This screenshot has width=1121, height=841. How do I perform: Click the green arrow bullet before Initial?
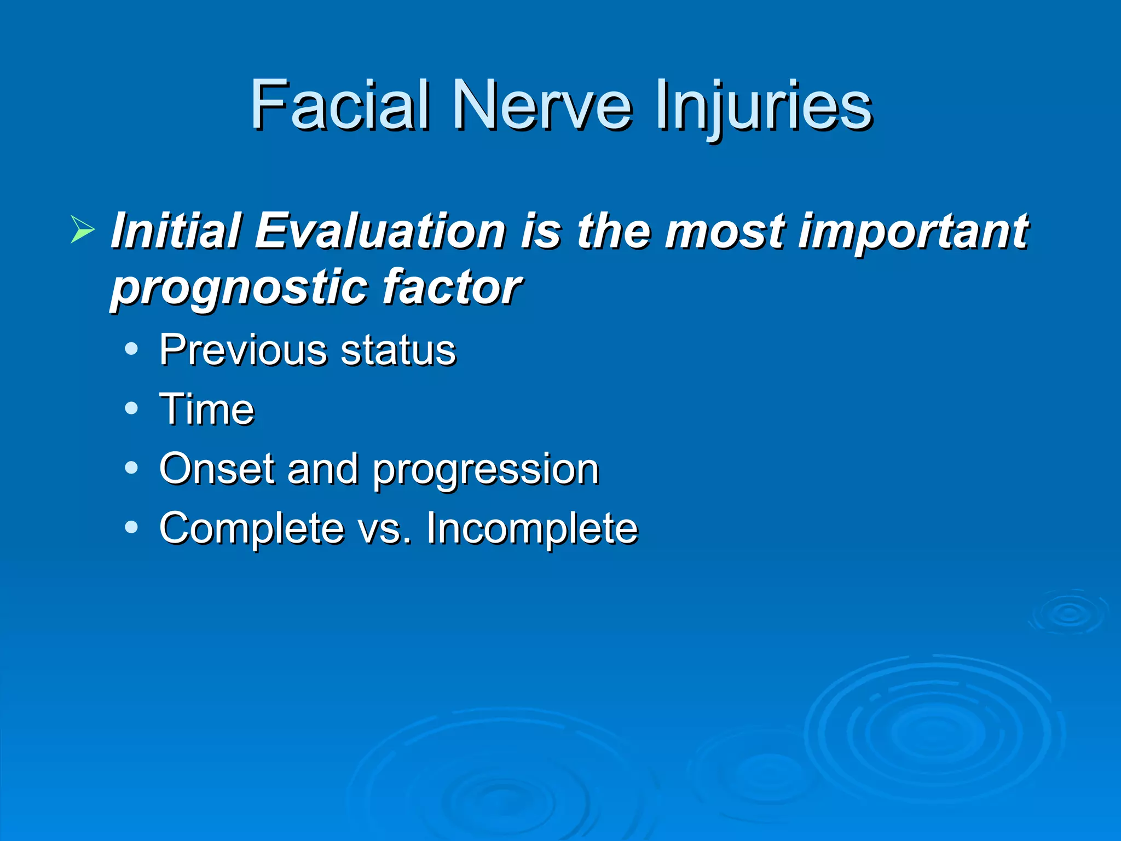click(x=83, y=229)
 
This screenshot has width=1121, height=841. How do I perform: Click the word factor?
click(x=451, y=286)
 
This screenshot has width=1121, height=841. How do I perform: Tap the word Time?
click(x=207, y=409)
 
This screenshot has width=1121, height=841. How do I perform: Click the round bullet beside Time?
click(x=131, y=408)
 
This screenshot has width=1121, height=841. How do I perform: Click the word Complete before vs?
click(x=252, y=529)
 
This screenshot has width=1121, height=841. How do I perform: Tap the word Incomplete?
click(x=532, y=529)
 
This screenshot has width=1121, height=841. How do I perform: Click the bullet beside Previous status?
click(x=131, y=349)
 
